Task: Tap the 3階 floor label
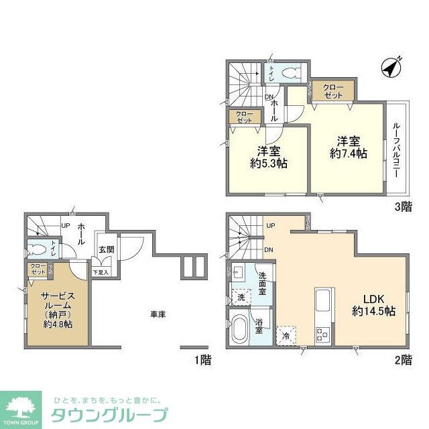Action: [403, 207]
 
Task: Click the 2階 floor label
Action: [403, 361]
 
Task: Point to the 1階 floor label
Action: [203, 361]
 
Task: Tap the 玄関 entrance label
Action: [107, 249]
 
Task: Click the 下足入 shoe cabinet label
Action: [101, 272]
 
